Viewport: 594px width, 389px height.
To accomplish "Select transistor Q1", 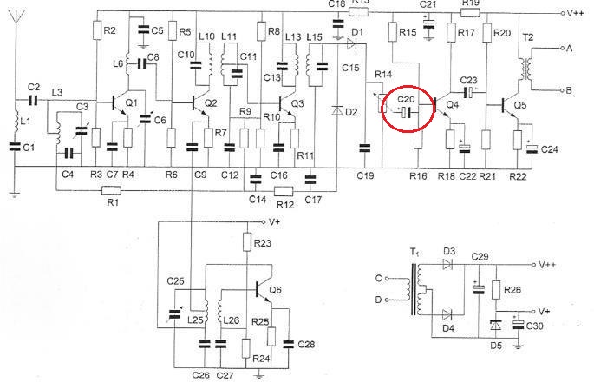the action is [121, 104].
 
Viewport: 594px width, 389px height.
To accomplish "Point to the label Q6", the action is [276, 290].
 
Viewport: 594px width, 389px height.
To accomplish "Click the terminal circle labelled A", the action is [563, 49].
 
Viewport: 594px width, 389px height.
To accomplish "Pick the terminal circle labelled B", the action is [563, 90].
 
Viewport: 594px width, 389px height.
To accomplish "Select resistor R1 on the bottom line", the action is [112, 190].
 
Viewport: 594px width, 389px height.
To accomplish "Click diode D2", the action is [336, 111].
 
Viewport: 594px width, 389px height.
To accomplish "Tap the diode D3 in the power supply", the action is [447, 264].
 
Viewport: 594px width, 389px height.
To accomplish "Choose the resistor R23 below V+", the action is [247, 241].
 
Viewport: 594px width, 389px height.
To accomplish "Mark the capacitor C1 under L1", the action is [15, 147].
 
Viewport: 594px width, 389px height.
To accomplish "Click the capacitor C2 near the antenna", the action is [33, 100].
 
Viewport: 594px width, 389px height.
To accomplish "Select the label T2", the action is [528, 37].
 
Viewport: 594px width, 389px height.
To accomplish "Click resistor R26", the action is [496, 289].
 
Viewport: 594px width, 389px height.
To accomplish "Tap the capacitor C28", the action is [288, 344].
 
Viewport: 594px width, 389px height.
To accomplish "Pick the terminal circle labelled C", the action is [387, 278].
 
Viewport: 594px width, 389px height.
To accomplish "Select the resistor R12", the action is [284, 191].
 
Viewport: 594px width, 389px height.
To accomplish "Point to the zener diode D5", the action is [495, 326].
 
